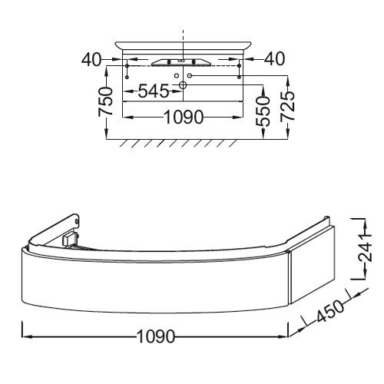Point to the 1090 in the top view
click(182, 118)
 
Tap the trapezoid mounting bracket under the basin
click(183, 61)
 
